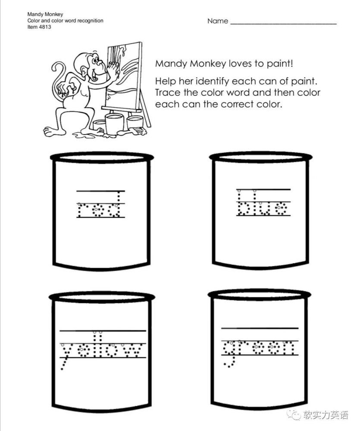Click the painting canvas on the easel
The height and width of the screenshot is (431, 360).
(x=123, y=74)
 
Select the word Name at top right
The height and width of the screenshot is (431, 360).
(x=218, y=21)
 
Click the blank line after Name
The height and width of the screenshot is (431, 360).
(x=283, y=24)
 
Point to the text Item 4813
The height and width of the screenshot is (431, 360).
(x=39, y=27)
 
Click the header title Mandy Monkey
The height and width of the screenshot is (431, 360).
(x=45, y=14)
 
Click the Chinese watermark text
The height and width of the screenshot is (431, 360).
(x=326, y=415)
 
